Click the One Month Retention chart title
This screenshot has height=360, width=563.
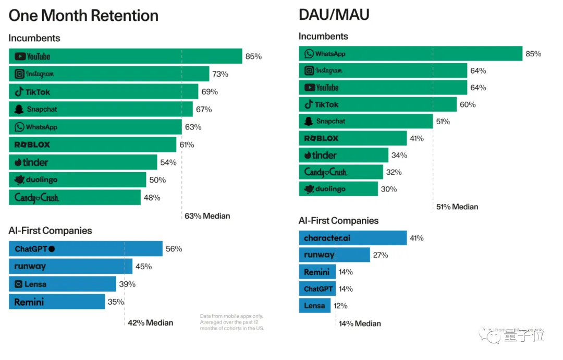[x=83, y=15]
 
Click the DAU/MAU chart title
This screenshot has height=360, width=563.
[x=334, y=14]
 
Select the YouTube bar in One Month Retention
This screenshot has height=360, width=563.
[x=125, y=56]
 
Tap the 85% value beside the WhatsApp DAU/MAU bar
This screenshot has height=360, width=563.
[x=533, y=54]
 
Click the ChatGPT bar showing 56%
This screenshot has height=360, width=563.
[x=85, y=249]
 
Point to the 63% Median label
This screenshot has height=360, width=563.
[x=207, y=216]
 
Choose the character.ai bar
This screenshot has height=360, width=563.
[x=352, y=238]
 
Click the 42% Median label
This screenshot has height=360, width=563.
[x=150, y=322]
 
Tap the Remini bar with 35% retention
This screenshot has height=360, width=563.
[x=57, y=302]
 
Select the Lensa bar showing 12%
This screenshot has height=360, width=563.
[x=314, y=306]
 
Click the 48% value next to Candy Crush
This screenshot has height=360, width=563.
[x=152, y=198]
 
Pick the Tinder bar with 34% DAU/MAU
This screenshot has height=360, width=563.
[x=343, y=155]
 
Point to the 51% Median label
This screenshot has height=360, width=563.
[x=457, y=207]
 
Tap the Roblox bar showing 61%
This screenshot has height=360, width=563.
[x=92, y=145]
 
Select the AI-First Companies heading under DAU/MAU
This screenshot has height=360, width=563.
[x=338, y=221]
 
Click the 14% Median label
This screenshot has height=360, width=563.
[x=360, y=323]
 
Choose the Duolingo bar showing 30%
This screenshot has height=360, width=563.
[x=338, y=189]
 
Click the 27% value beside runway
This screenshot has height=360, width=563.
[x=380, y=255]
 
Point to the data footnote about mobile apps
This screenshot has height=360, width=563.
[x=232, y=322]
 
